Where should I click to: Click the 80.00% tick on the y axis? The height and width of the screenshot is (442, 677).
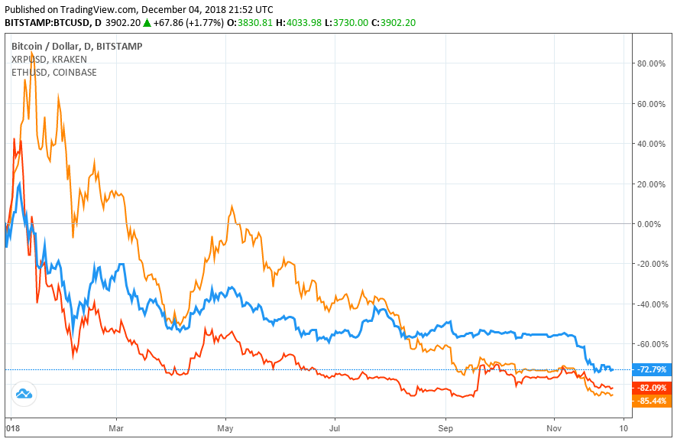651,63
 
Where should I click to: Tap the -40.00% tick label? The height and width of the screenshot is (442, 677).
650,304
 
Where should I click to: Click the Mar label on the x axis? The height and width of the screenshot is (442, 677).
116,430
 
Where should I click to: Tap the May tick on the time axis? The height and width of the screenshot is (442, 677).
225,430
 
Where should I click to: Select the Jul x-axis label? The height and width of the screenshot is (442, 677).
335,430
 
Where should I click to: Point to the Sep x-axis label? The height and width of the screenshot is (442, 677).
445,430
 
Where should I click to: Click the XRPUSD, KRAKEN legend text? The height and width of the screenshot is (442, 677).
49,59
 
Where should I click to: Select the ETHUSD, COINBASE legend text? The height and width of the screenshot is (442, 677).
53,72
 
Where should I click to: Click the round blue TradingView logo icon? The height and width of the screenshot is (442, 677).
23,394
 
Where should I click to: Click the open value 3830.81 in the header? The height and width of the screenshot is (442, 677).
252,23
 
